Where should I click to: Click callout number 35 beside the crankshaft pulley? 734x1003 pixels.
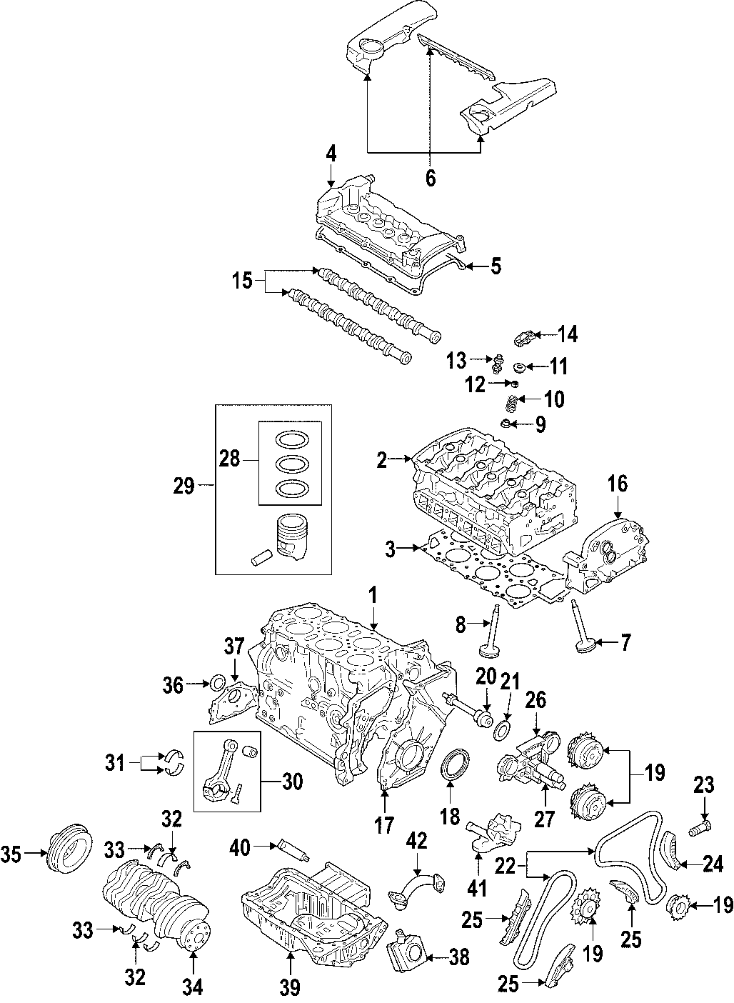13,852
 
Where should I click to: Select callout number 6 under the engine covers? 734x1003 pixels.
430,177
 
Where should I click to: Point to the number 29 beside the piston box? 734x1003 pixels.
183,486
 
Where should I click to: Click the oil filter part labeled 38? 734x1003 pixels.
408,950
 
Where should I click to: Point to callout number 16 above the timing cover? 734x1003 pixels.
617,484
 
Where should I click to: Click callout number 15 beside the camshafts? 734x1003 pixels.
243,281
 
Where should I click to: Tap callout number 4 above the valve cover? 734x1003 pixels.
331,153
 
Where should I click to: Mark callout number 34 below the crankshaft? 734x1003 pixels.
191,987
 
